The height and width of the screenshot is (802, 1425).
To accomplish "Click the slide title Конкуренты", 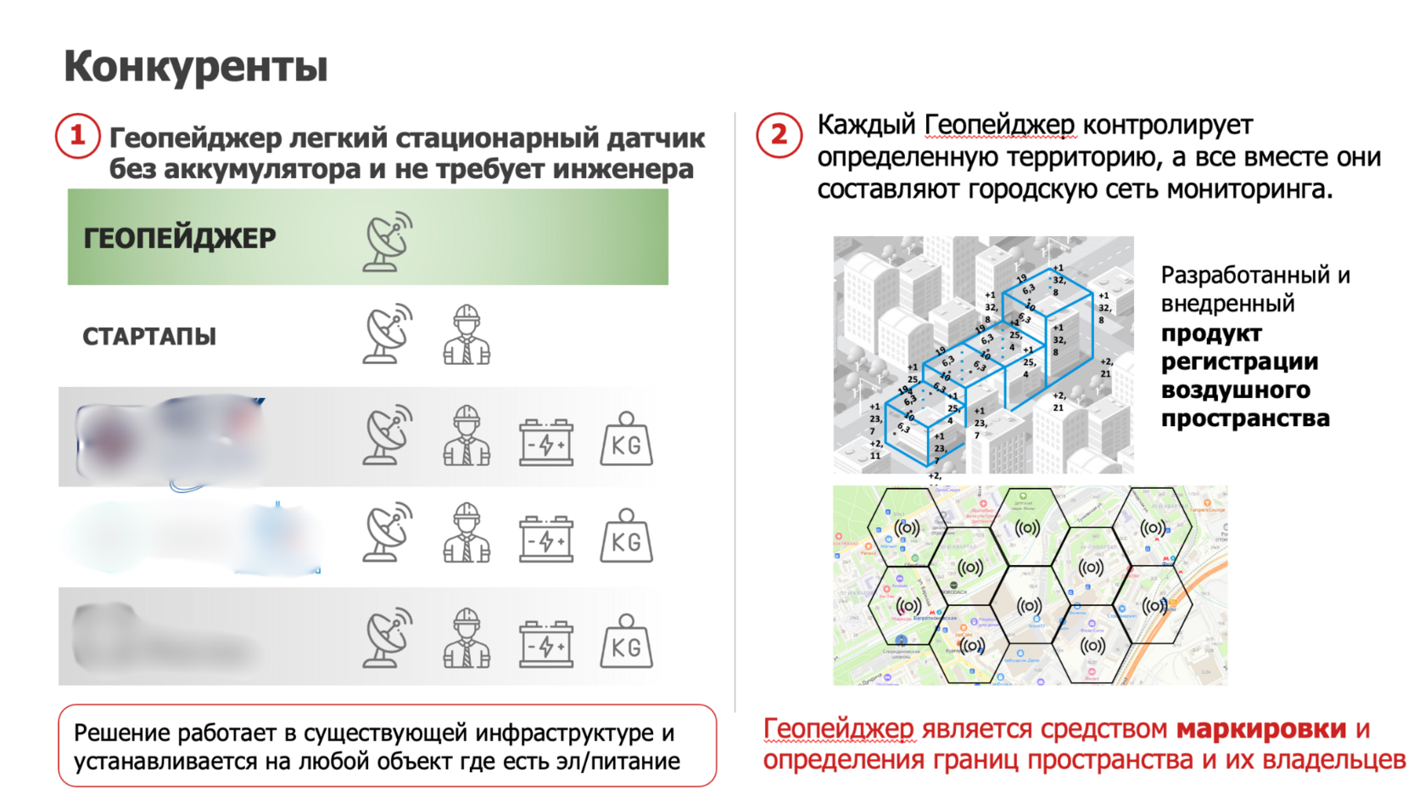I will (195, 66).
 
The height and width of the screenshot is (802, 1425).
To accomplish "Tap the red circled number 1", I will (77, 136).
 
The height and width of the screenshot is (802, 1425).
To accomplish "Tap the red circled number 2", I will (779, 135).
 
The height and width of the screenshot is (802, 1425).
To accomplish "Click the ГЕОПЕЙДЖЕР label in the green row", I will (180, 238).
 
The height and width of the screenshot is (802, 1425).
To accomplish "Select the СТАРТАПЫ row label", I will (149, 337).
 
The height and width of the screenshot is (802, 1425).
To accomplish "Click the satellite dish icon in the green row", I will (388, 242).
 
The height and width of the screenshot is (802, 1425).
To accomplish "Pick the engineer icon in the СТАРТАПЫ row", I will (467, 336).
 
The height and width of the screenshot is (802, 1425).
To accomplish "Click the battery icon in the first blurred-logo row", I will (546, 441).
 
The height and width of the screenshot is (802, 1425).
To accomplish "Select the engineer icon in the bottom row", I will (467, 637).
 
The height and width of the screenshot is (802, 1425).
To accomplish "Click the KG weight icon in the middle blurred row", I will (626, 536).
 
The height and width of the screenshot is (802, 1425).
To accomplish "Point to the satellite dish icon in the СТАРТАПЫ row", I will (388, 334).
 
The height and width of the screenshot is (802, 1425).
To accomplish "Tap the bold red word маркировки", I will (1260, 729).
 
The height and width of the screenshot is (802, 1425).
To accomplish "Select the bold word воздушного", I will (1235, 390).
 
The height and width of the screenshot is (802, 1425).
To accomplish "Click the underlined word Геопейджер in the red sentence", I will (838, 729).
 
